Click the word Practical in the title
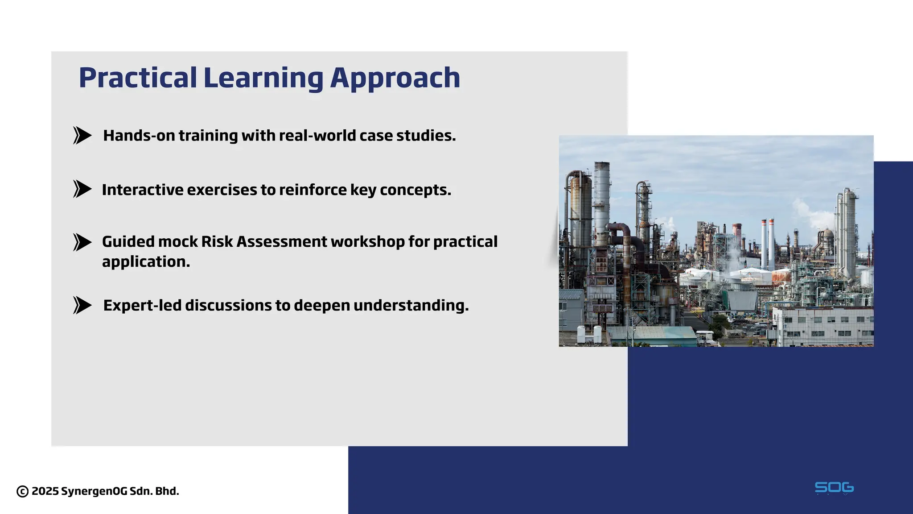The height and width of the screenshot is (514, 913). pos(138,78)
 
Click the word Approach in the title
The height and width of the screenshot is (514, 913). pos(395,78)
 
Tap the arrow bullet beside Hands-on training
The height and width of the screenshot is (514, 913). pos(82,135)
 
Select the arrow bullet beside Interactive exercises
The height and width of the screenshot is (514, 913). pos(82,189)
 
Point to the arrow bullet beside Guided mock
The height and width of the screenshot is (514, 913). pos(82,242)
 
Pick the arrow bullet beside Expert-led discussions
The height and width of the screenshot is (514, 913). pos(82,305)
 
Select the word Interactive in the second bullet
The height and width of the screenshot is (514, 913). pos(142,190)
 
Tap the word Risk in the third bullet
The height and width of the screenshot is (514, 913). pos(217,242)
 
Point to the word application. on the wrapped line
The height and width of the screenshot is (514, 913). pos(146,262)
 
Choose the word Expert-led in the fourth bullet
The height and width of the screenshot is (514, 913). pos(142,306)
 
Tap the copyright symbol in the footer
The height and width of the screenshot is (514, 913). pos(23,492)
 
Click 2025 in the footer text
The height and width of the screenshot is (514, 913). pos(45,491)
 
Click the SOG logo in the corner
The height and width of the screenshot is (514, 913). pos(834,488)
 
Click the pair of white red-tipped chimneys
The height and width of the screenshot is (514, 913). pos(767,243)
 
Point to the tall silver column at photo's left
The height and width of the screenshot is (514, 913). pos(601,201)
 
